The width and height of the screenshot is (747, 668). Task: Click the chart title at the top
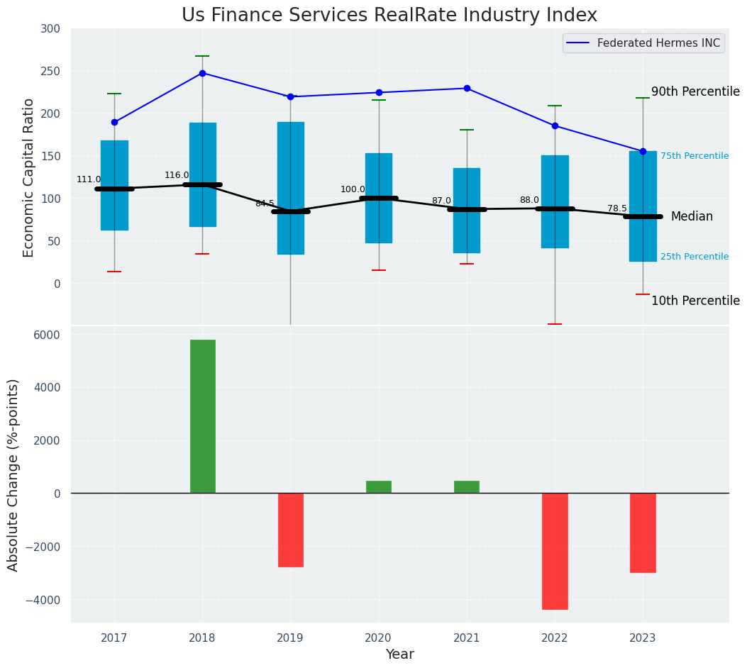pos(389,16)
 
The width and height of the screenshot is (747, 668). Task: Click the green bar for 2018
pos(202,416)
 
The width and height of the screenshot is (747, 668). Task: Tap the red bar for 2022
pos(555,551)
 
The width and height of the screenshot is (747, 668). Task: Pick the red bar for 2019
pos(290,530)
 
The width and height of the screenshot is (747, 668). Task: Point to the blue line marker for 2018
pos(202,73)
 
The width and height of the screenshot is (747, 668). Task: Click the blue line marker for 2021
pos(467,89)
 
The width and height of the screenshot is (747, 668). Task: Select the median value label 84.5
pos(265,204)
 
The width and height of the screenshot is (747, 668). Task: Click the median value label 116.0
pos(177,175)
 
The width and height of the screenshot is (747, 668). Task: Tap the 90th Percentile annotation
pos(695,91)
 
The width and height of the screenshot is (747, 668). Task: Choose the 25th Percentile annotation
pos(694,257)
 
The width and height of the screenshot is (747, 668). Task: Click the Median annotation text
pos(692,216)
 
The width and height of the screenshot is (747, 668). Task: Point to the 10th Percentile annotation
pos(695,301)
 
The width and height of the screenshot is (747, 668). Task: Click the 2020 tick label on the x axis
pos(378,638)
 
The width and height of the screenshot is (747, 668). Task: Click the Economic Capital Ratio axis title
pos(29,177)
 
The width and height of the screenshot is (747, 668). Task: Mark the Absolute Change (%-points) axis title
pos(13,474)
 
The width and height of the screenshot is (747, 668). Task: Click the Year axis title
pos(399,655)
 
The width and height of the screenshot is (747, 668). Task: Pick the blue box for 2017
pos(114,185)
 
